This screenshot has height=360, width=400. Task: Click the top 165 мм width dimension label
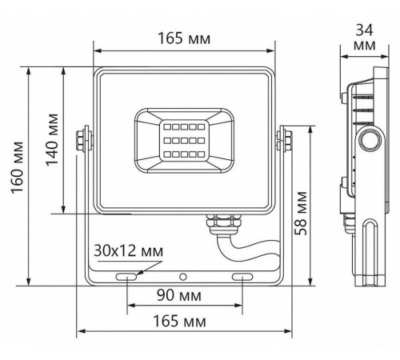(x=184, y=38)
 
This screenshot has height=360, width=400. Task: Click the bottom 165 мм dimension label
(x=179, y=321)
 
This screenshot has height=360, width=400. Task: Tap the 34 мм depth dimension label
(x=365, y=38)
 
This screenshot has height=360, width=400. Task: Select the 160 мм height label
(x=18, y=167)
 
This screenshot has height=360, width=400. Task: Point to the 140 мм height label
(x=52, y=140)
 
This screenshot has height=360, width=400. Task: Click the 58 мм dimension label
(x=301, y=213)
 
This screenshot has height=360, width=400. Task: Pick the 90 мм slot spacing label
(x=179, y=295)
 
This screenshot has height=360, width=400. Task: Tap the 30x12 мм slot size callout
(x=128, y=251)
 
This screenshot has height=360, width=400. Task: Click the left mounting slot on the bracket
(x=126, y=277)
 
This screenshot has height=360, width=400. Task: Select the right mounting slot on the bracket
(x=242, y=277)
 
